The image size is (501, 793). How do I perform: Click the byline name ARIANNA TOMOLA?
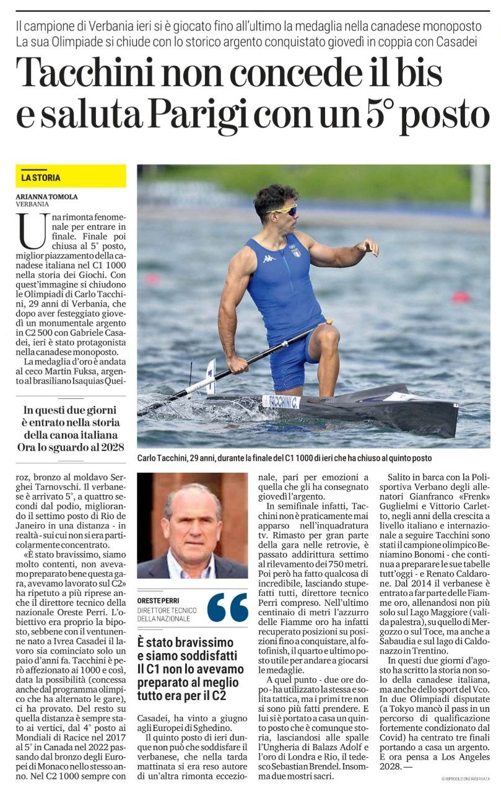47,196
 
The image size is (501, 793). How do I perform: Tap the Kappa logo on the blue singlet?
268,258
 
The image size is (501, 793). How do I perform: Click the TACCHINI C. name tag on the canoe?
281,401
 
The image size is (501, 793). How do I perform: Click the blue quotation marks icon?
227,607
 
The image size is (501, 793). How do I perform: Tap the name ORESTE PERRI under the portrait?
159,599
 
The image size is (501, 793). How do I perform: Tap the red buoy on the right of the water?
460,297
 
